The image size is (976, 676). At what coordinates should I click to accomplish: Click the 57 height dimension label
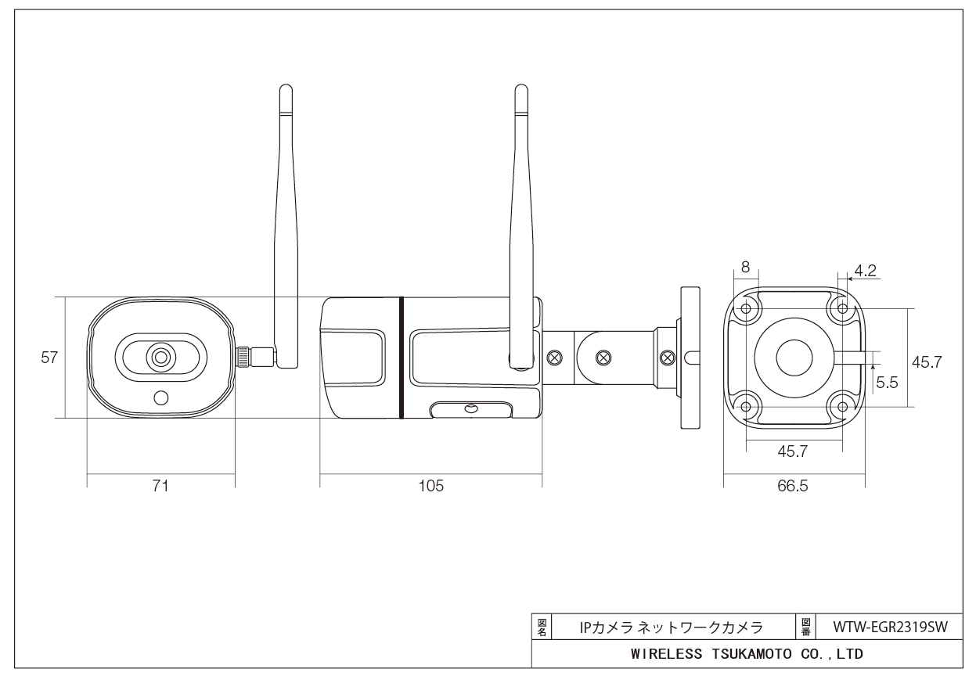[x=49, y=358]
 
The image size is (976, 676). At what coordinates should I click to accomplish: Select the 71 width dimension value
[x=160, y=486]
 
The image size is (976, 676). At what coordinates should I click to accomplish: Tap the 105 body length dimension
[x=430, y=486]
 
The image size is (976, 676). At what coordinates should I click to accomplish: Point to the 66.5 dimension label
[x=793, y=486]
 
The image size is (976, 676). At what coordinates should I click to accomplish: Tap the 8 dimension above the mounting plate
[x=745, y=267]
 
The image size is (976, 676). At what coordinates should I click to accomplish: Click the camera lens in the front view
[x=160, y=358]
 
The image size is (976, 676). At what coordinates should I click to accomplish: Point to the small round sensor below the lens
[x=161, y=397]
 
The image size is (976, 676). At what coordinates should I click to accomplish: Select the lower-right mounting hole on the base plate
[x=842, y=406]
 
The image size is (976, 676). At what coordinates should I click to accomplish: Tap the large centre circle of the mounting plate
[x=794, y=358]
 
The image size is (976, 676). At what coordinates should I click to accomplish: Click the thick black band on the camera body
[x=400, y=357]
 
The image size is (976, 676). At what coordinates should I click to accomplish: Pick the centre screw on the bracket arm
[x=604, y=358]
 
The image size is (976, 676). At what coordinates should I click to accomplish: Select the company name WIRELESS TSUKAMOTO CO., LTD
[x=747, y=653]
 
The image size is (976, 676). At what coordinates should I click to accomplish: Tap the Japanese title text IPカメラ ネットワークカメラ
[x=671, y=627]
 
